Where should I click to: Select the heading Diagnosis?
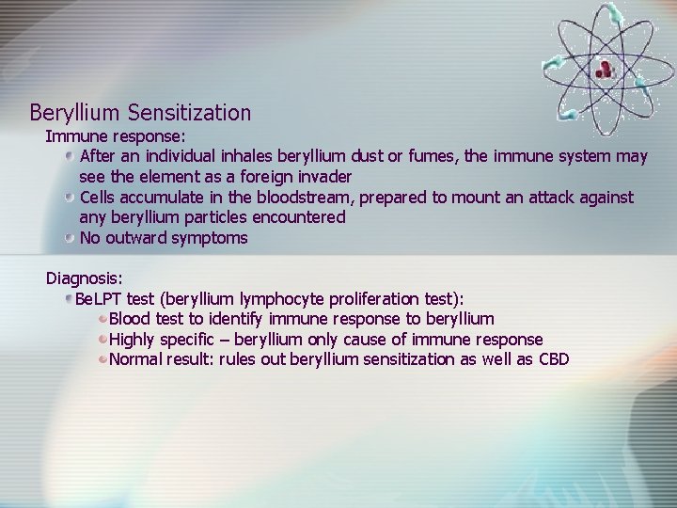pyautogui.click(x=85, y=278)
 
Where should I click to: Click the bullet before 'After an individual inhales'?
pyautogui.click(x=71, y=156)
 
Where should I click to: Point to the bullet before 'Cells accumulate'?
pyautogui.click(x=71, y=198)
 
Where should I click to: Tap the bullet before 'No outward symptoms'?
pyautogui.click(x=71, y=238)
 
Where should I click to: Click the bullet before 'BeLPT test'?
pyautogui.click(x=68, y=299)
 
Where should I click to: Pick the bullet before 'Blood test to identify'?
pyautogui.click(x=102, y=320)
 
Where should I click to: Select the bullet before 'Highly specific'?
pyautogui.click(x=102, y=340)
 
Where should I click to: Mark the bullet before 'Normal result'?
pyautogui.click(x=102, y=359)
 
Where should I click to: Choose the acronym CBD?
pyautogui.click(x=554, y=359)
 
